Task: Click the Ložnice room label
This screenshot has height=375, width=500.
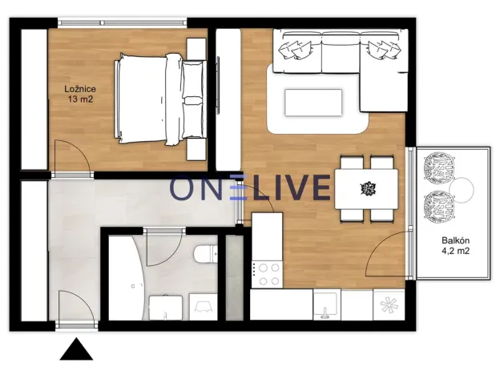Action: (x=82, y=88)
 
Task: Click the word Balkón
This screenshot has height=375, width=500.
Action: (x=454, y=240)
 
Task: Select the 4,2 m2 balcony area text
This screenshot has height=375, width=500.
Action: (x=454, y=251)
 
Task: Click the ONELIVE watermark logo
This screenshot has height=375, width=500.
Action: (x=250, y=188)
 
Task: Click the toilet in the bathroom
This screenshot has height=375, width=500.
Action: (x=205, y=254)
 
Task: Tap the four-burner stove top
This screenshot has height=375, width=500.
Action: (x=266, y=272)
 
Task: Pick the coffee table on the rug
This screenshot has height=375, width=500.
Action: (x=313, y=102)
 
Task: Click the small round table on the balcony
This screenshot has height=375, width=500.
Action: (x=462, y=189)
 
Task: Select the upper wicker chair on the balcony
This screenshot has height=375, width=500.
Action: (x=440, y=167)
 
